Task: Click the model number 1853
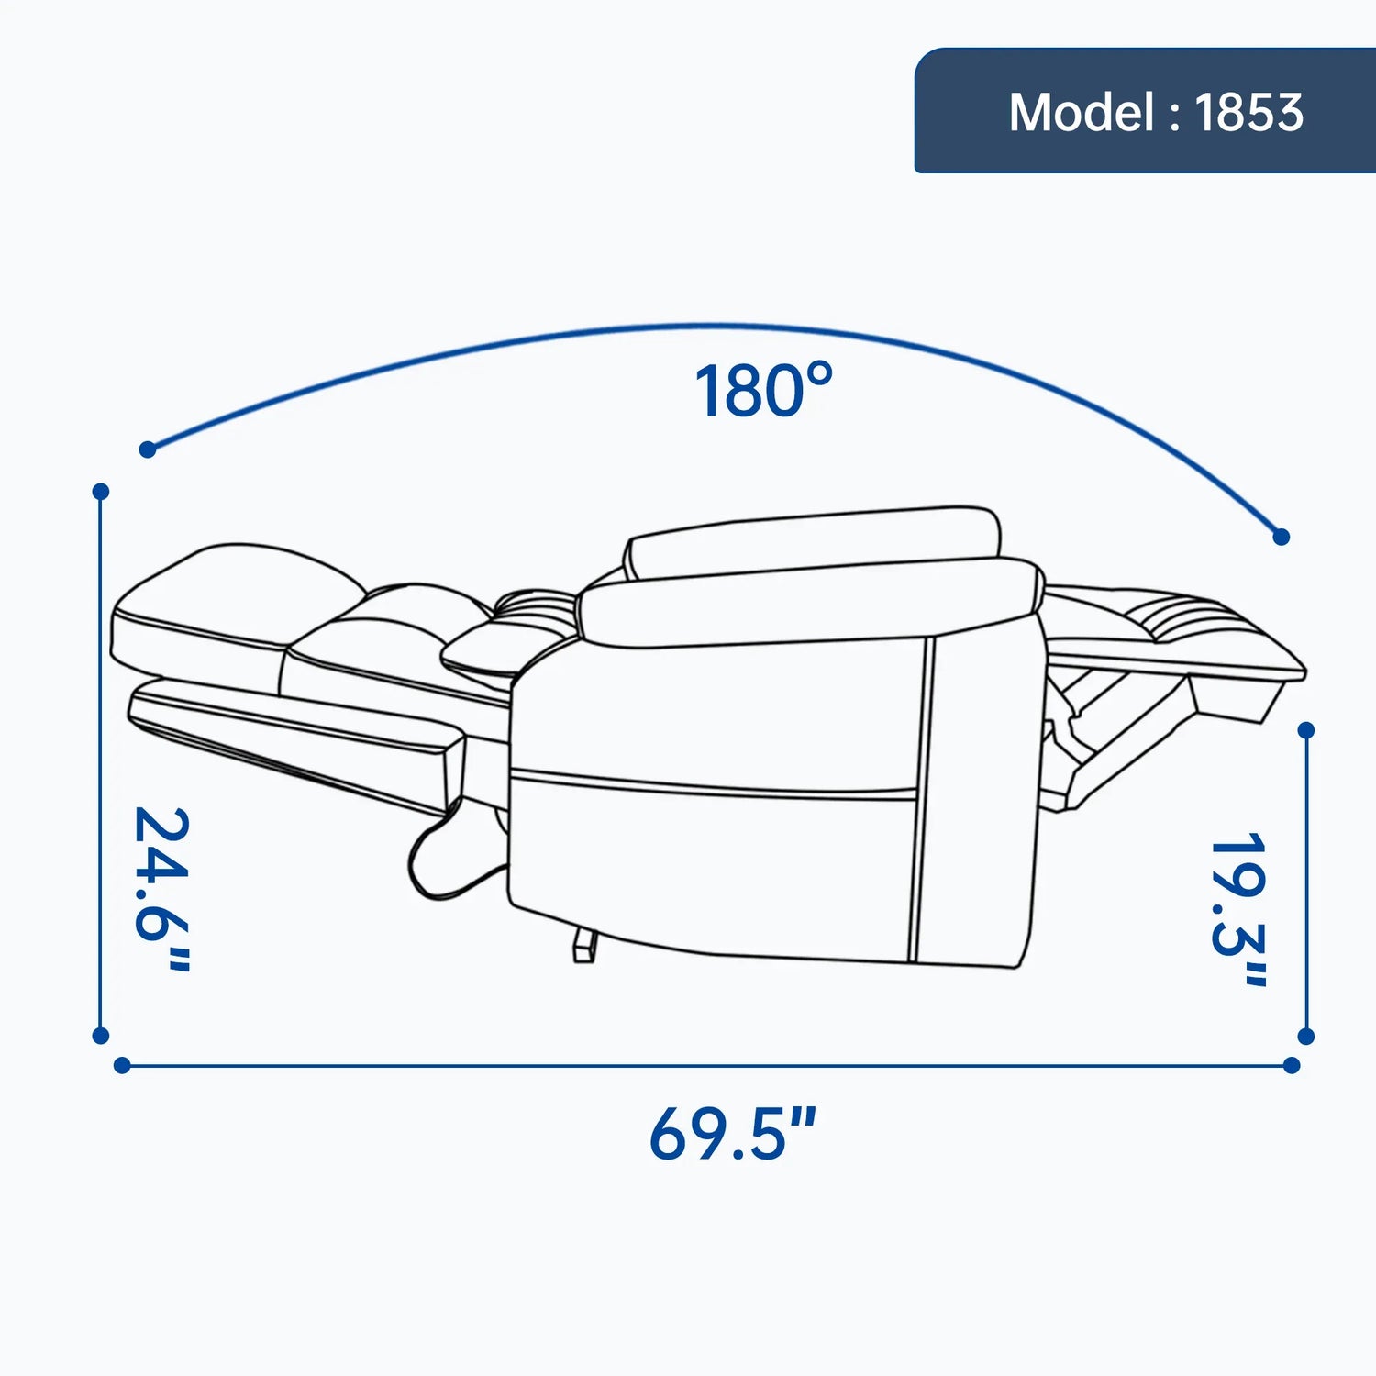(1248, 113)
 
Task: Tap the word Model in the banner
(1082, 113)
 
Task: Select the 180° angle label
(763, 390)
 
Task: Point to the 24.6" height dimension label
(162, 888)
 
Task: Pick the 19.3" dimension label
(1239, 909)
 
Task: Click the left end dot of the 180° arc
(148, 449)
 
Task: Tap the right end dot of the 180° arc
(1282, 537)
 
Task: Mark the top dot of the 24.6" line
(101, 492)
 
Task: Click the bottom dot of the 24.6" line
(101, 1036)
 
